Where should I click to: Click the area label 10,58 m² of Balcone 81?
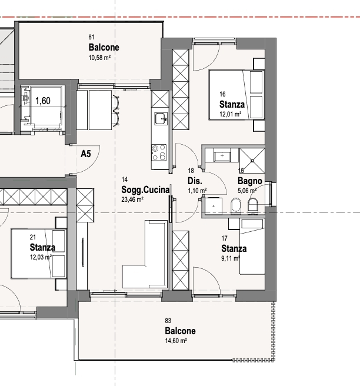point(99,58)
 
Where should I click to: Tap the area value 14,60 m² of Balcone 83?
point(176,341)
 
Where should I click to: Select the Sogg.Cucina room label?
point(145,190)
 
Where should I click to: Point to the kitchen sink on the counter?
point(161,119)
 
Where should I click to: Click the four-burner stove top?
point(159,152)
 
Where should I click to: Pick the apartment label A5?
point(86,154)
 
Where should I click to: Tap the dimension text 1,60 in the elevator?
point(43,101)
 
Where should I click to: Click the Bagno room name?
point(250,181)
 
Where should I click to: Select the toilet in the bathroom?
point(252,207)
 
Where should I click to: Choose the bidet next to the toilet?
point(235,206)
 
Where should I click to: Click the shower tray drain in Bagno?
point(252,161)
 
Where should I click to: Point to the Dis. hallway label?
point(195,181)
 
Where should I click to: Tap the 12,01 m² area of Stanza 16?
point(231,114)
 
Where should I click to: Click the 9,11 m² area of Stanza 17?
point(231,258)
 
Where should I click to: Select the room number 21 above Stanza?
point(33,237)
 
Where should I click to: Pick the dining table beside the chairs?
point(100,110)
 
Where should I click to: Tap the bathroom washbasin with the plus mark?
point(222,155)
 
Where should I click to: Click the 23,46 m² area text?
point(132,199)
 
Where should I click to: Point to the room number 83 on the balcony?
point(168,321)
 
